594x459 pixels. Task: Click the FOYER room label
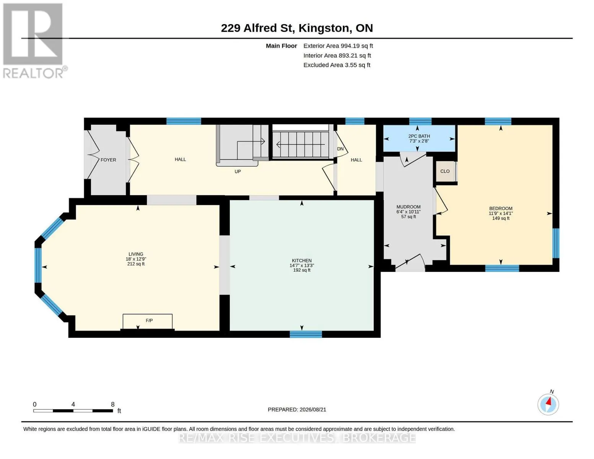click(108, 160)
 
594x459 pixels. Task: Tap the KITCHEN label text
click(302, 260)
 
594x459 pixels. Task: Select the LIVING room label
click(136, 254)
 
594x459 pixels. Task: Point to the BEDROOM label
click(501, 208)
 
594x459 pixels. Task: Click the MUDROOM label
click(408, 207)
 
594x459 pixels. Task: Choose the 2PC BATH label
click(419, 136)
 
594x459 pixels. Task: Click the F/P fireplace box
click(148, 322)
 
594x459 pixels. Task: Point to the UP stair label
click(238, 172)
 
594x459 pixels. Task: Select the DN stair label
click(340, 149)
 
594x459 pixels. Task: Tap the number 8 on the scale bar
click(112, 404)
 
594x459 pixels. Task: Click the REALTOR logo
click(34, 41)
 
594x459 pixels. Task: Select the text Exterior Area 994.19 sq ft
click(338, 46)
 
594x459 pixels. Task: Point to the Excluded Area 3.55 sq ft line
click(337, 65)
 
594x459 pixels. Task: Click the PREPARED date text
click(297, 410)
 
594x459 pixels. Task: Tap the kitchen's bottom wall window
click(306, 334)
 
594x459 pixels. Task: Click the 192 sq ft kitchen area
click(302, 270)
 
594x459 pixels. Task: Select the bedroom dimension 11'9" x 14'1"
click(501, 213)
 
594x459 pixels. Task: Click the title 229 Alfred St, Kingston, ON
click(297, 28)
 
